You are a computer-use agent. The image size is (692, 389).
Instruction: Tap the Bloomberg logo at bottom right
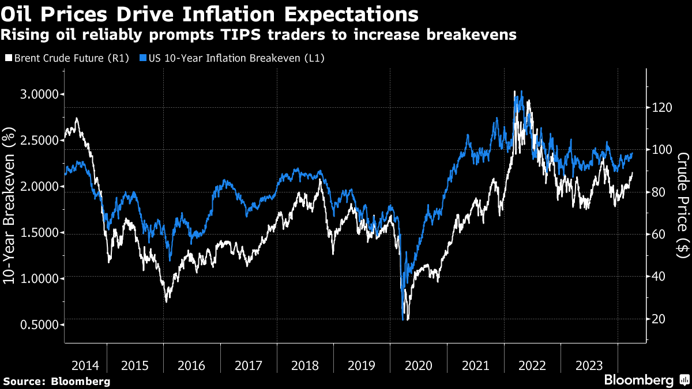(x=639, y=380)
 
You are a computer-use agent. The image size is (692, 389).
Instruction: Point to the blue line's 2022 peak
(x=521, y=90)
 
